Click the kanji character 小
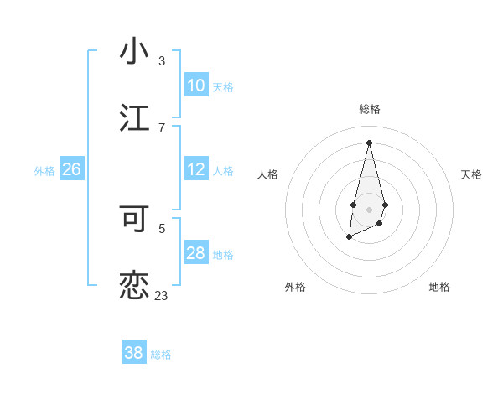(x=134, y=51)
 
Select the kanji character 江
(x=134, y=118)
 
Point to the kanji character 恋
(x=134, y=285)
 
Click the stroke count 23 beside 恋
(x=161, y=295)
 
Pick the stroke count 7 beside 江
(x=162, y=127)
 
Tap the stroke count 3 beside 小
(x=162, y=61)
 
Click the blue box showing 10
(x=196, y=86)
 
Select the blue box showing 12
(x=196, y=169)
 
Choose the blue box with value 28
(x=196, y=253)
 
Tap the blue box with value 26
(x=71, y=169)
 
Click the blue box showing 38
(x=134, y=353)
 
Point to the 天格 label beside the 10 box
(x=223, y=87)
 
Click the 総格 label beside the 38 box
(x=161, y=355)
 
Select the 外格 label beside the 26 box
(x=44, y=171)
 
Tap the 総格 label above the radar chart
(x=369, y=109)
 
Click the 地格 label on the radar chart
(x=439, y=287)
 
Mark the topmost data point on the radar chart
(x=369, y=143)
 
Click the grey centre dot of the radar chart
(x=369, y=208)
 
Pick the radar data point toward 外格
(x=349, y=238)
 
